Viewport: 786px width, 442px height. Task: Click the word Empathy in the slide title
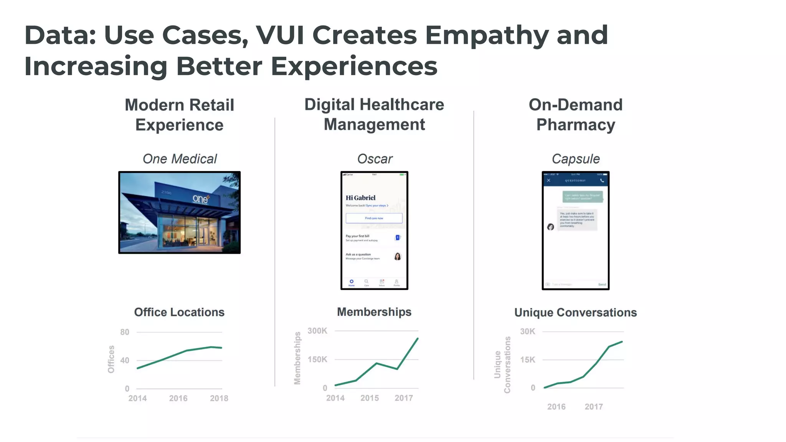(486, 36)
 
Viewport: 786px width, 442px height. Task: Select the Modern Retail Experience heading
(179, 115)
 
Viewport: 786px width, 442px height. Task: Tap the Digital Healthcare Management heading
(374, 114)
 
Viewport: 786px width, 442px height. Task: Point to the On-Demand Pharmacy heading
(575, 115)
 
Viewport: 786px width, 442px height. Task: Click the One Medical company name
(180, 159)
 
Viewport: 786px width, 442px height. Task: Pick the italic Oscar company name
(375, 159)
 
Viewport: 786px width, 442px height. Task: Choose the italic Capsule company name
(575, 159)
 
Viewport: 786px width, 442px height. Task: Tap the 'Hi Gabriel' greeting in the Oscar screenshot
(360, 198)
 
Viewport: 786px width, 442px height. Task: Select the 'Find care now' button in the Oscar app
(374, 218)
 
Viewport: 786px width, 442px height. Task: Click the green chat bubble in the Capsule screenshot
(582, 197)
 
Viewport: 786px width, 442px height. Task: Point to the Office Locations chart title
(179, 312)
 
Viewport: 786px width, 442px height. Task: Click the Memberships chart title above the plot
(374, 312)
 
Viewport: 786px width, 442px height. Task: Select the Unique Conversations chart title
(575, 313)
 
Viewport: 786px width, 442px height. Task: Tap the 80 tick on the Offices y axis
(125, 332)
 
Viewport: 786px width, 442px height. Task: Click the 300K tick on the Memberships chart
(317, 331)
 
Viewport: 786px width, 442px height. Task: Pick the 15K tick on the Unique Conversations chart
(527, 360)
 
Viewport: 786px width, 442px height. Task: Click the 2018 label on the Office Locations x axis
(219, 398)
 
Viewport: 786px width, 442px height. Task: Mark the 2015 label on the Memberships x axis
(369, 398)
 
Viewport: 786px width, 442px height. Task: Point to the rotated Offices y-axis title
(111, 359)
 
